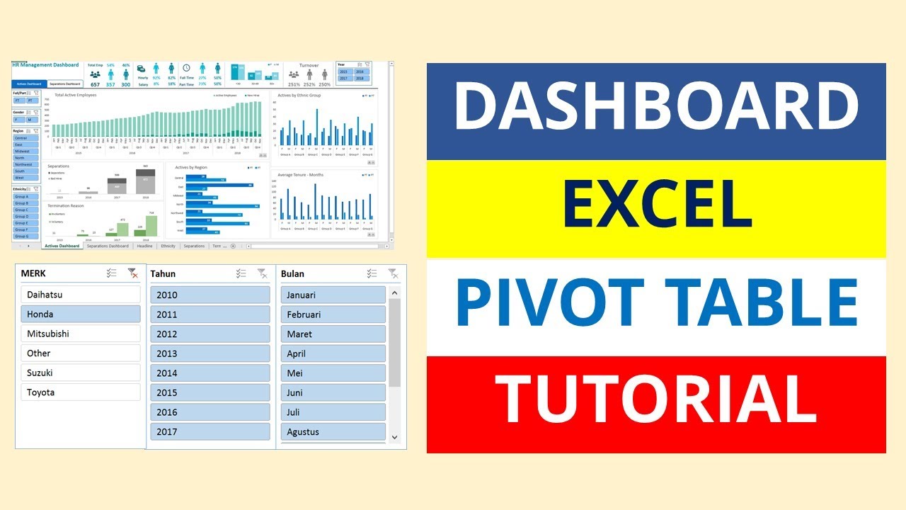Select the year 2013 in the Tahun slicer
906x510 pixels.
point(210,353)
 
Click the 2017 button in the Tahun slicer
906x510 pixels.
point(210,431)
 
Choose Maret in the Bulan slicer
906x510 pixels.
point(333,334)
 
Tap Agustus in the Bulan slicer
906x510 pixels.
point(333,431)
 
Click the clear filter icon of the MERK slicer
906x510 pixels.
point(132,273)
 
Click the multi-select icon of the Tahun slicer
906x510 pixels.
point(241,273)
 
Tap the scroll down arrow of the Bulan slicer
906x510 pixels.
point(395,438)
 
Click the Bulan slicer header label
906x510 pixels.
point(292,273)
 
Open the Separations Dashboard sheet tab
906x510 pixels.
point(108,246)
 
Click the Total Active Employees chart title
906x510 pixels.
point(75,95)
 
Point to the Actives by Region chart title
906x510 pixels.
point(192,167)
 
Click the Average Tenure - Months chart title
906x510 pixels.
point(301,174)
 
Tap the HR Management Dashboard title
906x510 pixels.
point(45,65)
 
